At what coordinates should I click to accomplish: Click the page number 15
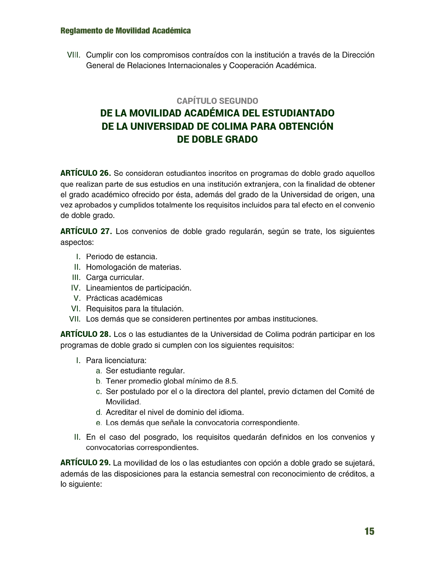[369, 531]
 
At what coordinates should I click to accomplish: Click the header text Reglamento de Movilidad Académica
[126, 31]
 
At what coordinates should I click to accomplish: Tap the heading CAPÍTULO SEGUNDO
[217, 101]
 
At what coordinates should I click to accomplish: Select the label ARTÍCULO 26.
[86, 173]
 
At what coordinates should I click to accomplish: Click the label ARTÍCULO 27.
[86, 232]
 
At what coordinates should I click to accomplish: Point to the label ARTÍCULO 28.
[86, 334]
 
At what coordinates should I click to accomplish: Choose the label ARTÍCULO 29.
[85, 463]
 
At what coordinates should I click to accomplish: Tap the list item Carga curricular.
[115, 277]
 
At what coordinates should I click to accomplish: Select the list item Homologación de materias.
[133, 267]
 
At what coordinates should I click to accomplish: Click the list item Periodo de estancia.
[121, 256]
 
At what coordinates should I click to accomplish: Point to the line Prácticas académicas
[124, 298]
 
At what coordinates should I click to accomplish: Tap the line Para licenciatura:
[116, 360]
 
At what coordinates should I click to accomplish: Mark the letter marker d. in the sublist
[99, 412]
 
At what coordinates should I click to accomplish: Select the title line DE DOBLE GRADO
[217, 140]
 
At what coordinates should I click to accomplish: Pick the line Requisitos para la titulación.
[135, 309]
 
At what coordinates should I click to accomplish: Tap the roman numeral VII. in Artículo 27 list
[75, 319]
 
